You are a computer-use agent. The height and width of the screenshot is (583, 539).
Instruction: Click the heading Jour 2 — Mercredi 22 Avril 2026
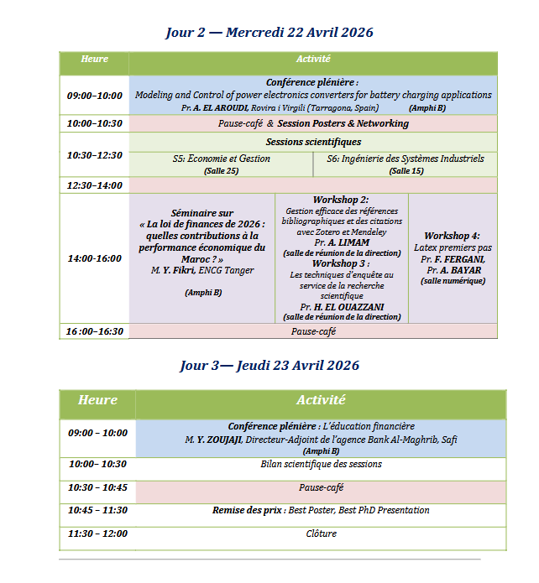(x=269, y=33)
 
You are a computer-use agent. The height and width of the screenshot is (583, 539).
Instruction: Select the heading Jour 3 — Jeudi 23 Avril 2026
(x=269, y=366)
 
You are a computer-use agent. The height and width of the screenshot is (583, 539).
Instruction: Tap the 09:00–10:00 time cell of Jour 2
(x=94, y=96)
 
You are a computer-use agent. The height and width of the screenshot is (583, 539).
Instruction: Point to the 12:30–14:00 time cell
(x=94, y=185)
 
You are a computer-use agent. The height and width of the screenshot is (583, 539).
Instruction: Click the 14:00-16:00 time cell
(x=94, y=258)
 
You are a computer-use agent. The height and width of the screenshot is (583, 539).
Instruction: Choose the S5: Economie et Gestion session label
(x=221, y=159)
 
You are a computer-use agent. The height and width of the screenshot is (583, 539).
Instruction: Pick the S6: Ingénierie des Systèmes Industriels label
(x=406, y=159)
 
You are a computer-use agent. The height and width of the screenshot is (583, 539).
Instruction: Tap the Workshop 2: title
(x=341, y=200)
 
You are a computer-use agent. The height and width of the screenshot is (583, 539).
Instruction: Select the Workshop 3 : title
(x=341, y=263)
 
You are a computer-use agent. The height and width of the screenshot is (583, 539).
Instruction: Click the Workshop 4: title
(x=453, y=236)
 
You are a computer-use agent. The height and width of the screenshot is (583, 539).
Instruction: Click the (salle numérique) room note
(x=453, y=281)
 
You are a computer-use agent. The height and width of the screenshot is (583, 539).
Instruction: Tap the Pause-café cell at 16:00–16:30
(x=313, y=331)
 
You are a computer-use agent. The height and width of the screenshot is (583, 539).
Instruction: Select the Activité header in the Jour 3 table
(x=321, y=401)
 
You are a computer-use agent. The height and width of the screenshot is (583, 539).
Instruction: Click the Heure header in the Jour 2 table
(x=94, y=60)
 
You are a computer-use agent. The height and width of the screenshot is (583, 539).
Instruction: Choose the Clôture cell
(x=321, y=534)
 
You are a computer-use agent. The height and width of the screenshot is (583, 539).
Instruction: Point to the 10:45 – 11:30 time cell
(x=97, y=510)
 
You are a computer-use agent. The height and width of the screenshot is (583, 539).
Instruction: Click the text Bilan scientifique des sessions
(x=321, y=465)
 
